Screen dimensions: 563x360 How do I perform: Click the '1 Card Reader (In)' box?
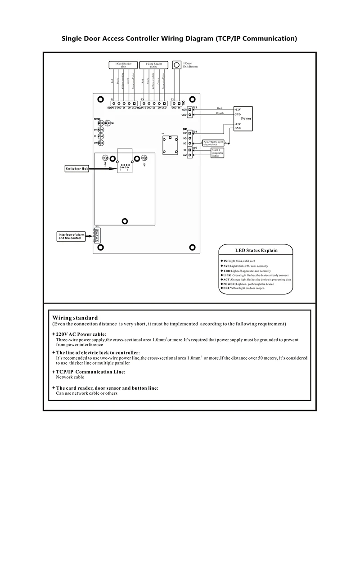(123, 65)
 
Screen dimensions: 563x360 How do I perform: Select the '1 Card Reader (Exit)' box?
(153, 65)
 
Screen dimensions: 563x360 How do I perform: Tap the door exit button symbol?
(177, 65)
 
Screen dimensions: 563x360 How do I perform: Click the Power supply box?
(243, 118)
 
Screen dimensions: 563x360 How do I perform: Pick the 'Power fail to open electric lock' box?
(213, 143)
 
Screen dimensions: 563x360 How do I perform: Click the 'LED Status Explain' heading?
(256, 250)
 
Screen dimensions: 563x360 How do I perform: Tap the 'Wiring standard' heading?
(75, 318)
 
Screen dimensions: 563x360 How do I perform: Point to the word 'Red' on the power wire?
(220, 108)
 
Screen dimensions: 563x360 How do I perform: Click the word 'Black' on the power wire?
(220, 113)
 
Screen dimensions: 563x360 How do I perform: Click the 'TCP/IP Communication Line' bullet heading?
(90, 372)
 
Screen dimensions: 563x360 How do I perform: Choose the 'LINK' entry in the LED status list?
(227, 275)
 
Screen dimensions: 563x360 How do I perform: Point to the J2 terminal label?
(173, 99)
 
